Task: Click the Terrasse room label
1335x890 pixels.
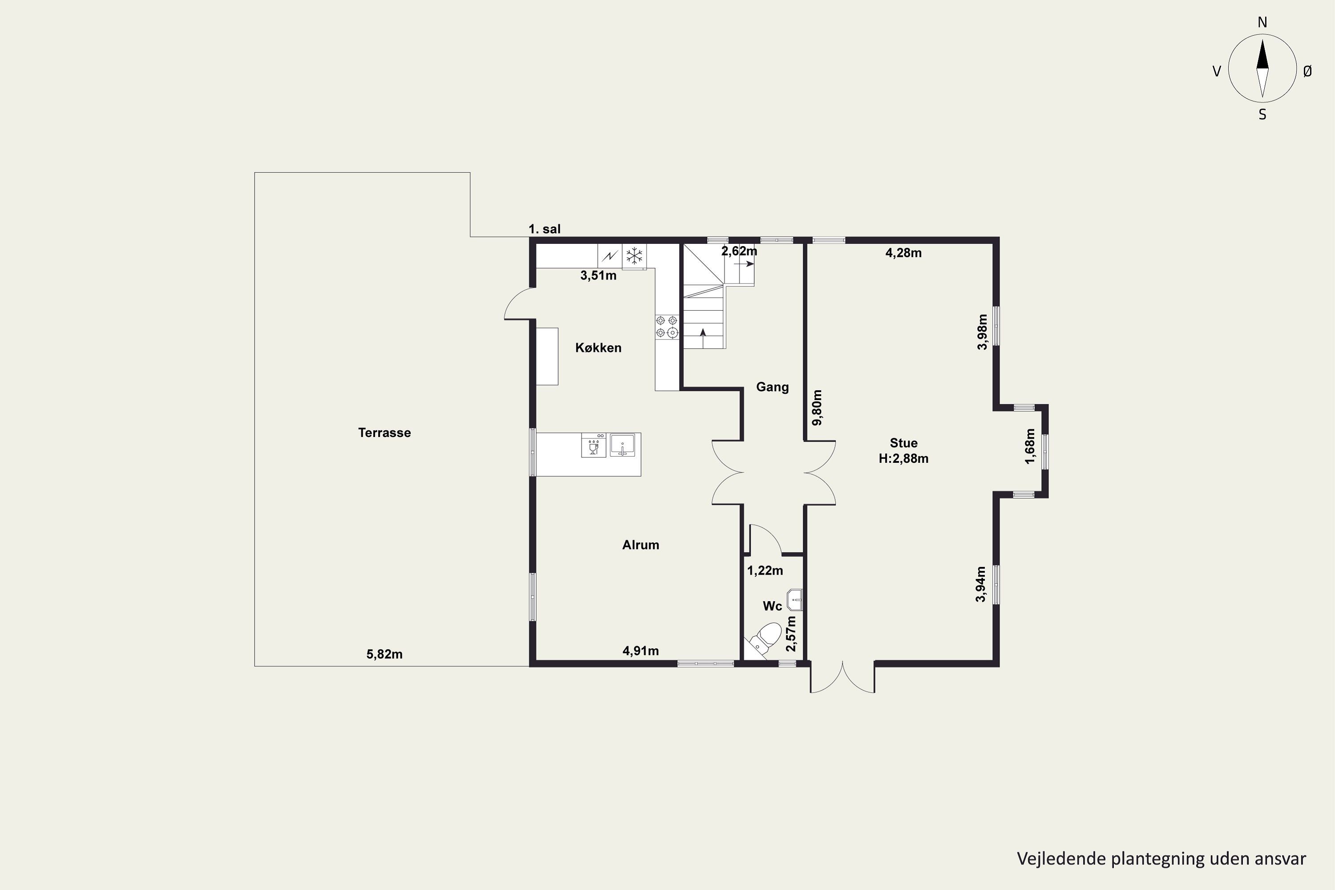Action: coord(384,433)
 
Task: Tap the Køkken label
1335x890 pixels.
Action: coord(598,348)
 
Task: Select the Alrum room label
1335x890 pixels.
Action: coord(640,545)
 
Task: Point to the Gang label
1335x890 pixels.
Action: coord(772,387)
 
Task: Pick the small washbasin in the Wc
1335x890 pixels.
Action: coord(795,600)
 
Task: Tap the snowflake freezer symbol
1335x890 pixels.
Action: coord(634,255)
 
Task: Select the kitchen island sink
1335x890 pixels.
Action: coord(622,445)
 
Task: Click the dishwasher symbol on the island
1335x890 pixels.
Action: coord(594,445)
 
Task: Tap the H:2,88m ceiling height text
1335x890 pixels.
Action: coord(904,459)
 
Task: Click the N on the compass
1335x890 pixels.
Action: coord(1262,23)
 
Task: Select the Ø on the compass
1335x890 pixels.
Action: coord(1308,71)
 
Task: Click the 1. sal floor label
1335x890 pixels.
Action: coord(544,229)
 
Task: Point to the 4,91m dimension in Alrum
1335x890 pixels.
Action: coord(641,651)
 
